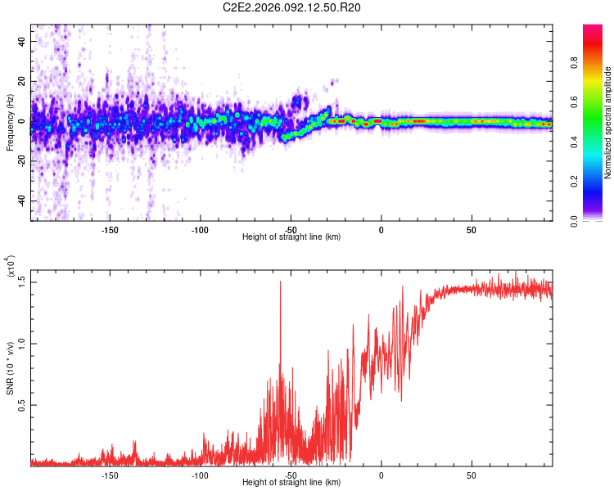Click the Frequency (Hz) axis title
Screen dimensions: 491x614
[10, 123]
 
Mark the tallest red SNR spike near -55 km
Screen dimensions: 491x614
[281, 282]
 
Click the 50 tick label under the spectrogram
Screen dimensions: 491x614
[471, 229]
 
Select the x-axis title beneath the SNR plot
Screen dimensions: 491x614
[291, 483]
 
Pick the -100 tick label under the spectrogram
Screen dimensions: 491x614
[201, 229]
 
